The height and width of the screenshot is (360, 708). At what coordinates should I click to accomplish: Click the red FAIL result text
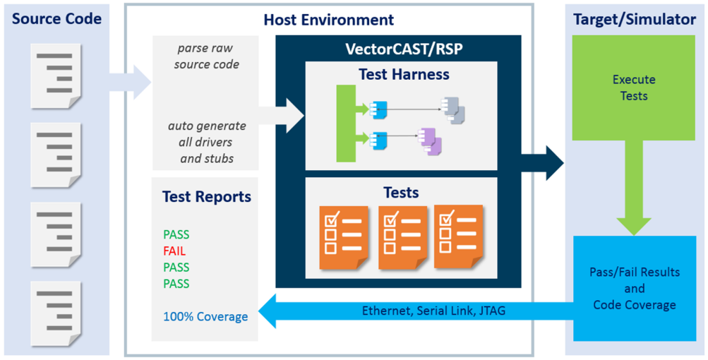click(174, 251)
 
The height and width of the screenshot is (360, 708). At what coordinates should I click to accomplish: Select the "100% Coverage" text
click(205, 317)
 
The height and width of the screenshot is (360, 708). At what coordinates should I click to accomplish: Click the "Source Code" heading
click(56, 19)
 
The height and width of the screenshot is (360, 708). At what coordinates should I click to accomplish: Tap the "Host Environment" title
click(329, 20)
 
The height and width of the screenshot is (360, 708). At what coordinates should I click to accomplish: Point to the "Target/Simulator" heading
click(635, 19)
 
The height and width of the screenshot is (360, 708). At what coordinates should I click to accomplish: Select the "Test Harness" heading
click(404, 74)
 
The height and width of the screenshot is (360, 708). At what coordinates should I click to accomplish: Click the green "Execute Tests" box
click(634, 88)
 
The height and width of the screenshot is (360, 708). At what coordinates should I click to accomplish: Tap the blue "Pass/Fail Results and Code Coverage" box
click(634, 288)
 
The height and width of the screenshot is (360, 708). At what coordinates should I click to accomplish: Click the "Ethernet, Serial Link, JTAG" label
click(433, 311)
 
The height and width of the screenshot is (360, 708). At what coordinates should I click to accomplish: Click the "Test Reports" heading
click(206, 196)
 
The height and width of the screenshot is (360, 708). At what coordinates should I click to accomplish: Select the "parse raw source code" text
click(207, 56)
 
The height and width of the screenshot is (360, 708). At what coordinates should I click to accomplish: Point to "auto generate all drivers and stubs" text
click(207, 142)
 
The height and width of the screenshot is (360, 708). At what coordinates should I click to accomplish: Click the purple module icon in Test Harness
click(431, 140)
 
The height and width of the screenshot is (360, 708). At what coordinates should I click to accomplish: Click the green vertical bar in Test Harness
click(346, 124)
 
